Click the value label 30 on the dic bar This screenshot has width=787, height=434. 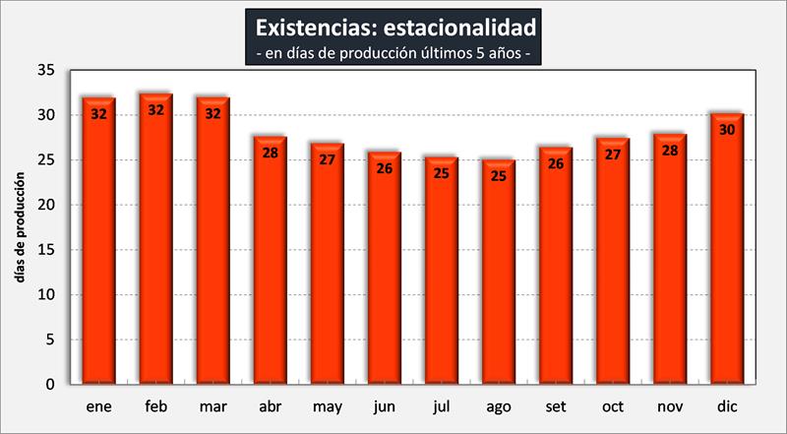pyautogui.click(x=727, y=129)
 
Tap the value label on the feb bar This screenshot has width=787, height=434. pyautogui.click(x=155, y=110)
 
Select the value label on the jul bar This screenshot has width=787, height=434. pyautogui.click(x=442, y=173)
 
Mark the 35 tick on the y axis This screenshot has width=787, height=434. pyautogui.click(x=45, y=71)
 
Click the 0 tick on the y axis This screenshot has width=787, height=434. pyautogui.click(x=49, y=385)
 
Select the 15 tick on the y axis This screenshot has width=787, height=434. pyautogui.click(x=45, y=250)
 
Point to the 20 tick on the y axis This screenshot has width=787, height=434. pyautogui.click(x=45, y=206)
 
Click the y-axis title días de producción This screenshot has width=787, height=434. pyautogui.click(x=19, y=228)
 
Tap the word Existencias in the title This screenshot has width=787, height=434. pyautogui.click(x=310, y=24)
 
